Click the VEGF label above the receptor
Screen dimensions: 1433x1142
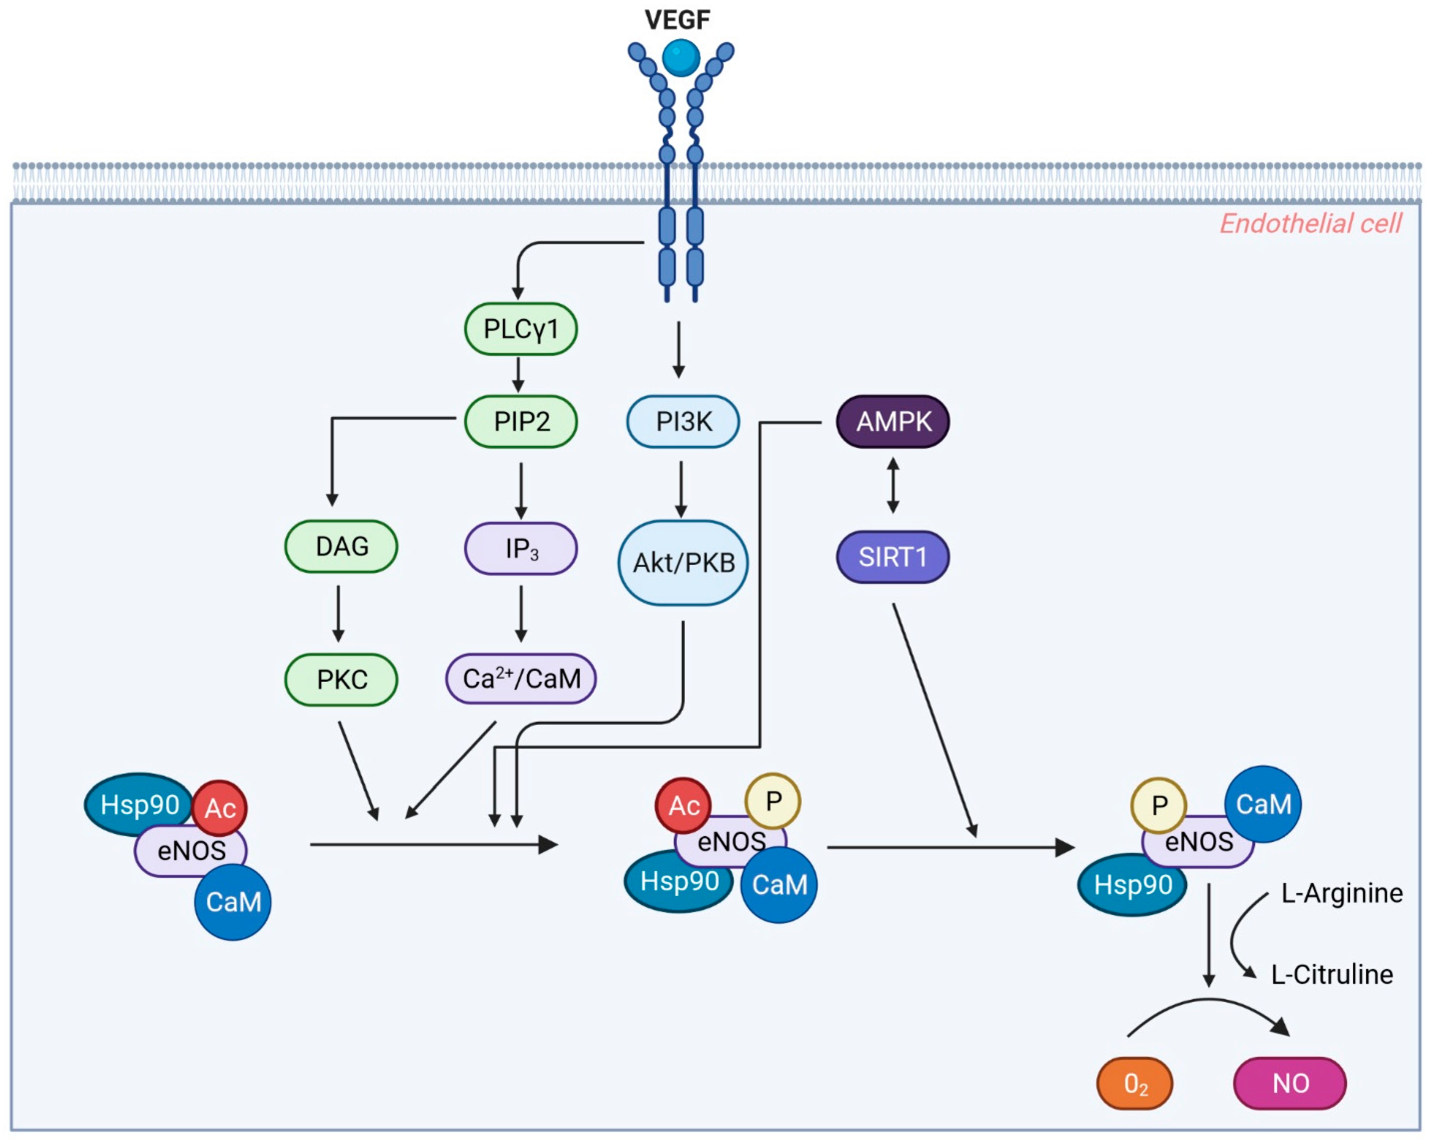click(x=677, y=20)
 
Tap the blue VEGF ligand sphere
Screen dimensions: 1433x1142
click(x=681, y=58)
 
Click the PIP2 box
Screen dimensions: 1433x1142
click(x=520, y=421)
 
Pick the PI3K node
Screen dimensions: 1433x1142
click(x=683, y=421)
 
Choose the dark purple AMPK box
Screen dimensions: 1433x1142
click(x=893, y=421)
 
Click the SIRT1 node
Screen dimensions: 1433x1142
click(x=893, y=557)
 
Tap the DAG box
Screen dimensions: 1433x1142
click(x=341, y=546)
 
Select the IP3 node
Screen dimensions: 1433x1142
click(x=520, y=548)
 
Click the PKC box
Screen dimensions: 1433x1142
click(x=341, y=679)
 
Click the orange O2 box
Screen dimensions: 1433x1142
click(x=1134, y=1083)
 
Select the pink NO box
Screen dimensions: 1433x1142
click(x=1290, y=1083)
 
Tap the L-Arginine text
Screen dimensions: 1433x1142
click(x=1341, y=893)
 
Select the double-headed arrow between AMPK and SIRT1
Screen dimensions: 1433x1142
click(x=893, y=485)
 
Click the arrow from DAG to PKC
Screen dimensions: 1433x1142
click(x=338, y=614)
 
